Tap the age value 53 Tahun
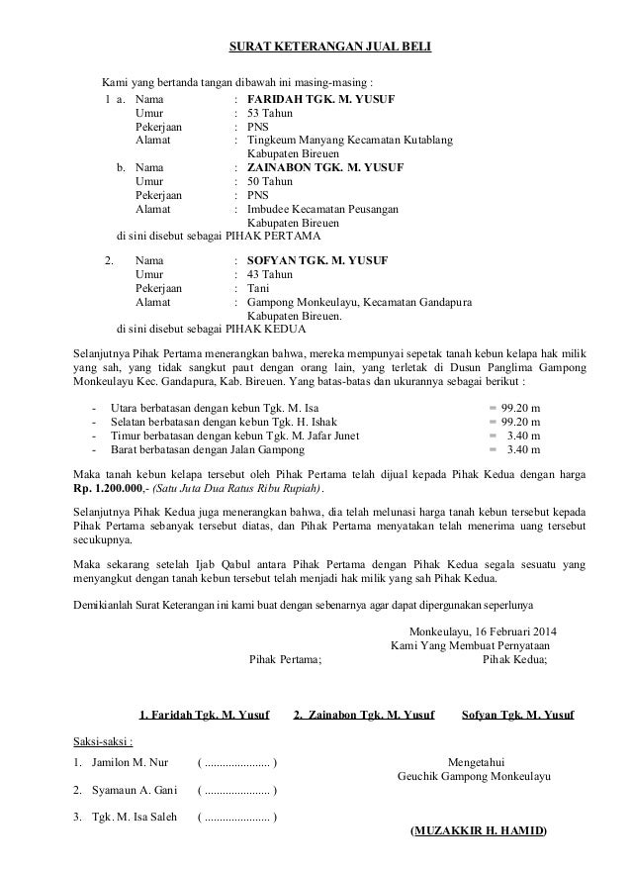(270, 114)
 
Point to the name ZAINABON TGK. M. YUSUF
(320, 168)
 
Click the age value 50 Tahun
(270, 182)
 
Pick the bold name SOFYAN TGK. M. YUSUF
(316, 260)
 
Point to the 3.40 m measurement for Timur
(521, 435)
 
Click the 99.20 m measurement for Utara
(521, 407)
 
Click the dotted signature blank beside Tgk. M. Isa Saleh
(237, 817)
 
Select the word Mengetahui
(477, 763)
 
